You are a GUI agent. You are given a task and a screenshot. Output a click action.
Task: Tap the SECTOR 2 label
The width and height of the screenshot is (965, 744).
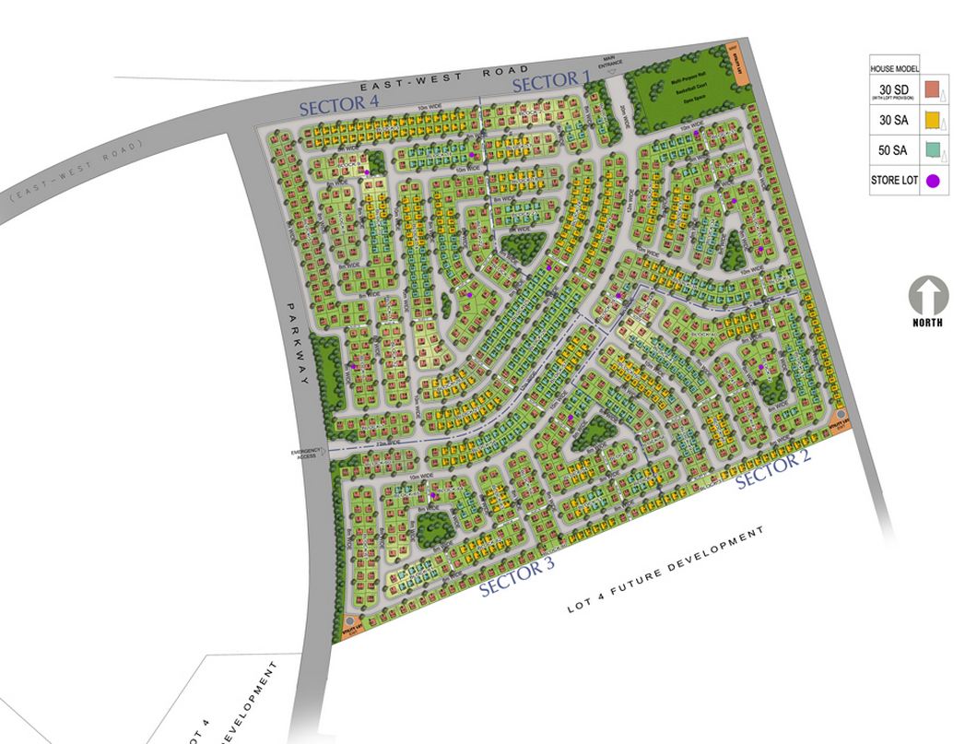coord(772,470)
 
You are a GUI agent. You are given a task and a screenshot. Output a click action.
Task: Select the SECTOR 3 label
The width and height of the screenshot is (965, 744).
coord(516,578)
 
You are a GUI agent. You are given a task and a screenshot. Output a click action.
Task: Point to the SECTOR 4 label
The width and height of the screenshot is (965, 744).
coord(339,103)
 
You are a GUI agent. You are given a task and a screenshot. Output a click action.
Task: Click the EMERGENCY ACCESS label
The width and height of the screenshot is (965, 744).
coord(304,453)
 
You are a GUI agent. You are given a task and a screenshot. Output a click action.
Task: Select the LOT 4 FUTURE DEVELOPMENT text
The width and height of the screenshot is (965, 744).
coord(665,571)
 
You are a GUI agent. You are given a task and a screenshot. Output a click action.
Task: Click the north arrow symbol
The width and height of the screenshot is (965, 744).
coord(927,298)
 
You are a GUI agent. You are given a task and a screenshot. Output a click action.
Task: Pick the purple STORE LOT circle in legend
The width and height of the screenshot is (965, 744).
coord(933,181)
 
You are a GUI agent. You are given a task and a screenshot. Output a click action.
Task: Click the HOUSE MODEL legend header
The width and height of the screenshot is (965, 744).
coord(894,69)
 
